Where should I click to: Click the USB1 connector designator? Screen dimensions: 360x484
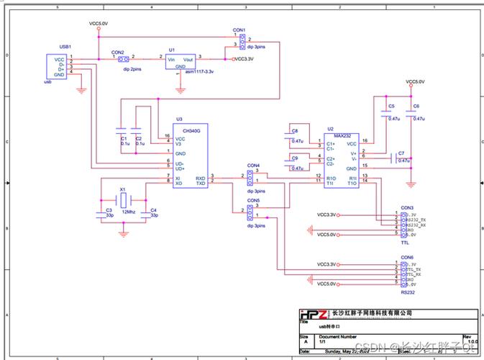(65, 45)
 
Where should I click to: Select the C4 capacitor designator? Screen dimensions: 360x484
(153, 210)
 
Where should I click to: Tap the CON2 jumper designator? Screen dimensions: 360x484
(117, 53)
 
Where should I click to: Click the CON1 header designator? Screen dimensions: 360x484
(239, 30)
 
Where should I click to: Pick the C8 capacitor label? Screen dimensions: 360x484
(294, 130)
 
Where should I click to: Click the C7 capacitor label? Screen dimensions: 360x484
(401, 153)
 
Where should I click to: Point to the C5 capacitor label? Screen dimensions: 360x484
(391, 106)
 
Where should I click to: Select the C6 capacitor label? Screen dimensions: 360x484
(416, 106)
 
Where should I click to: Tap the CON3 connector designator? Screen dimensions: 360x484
(407, 207)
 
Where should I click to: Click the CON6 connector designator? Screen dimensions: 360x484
(407, 257)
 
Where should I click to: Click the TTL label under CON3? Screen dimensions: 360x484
(405, 243)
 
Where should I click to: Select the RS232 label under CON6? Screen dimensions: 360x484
(407, 292)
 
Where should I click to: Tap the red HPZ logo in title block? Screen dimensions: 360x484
(313, 315)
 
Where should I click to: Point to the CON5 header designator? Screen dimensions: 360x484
(253, 200)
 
